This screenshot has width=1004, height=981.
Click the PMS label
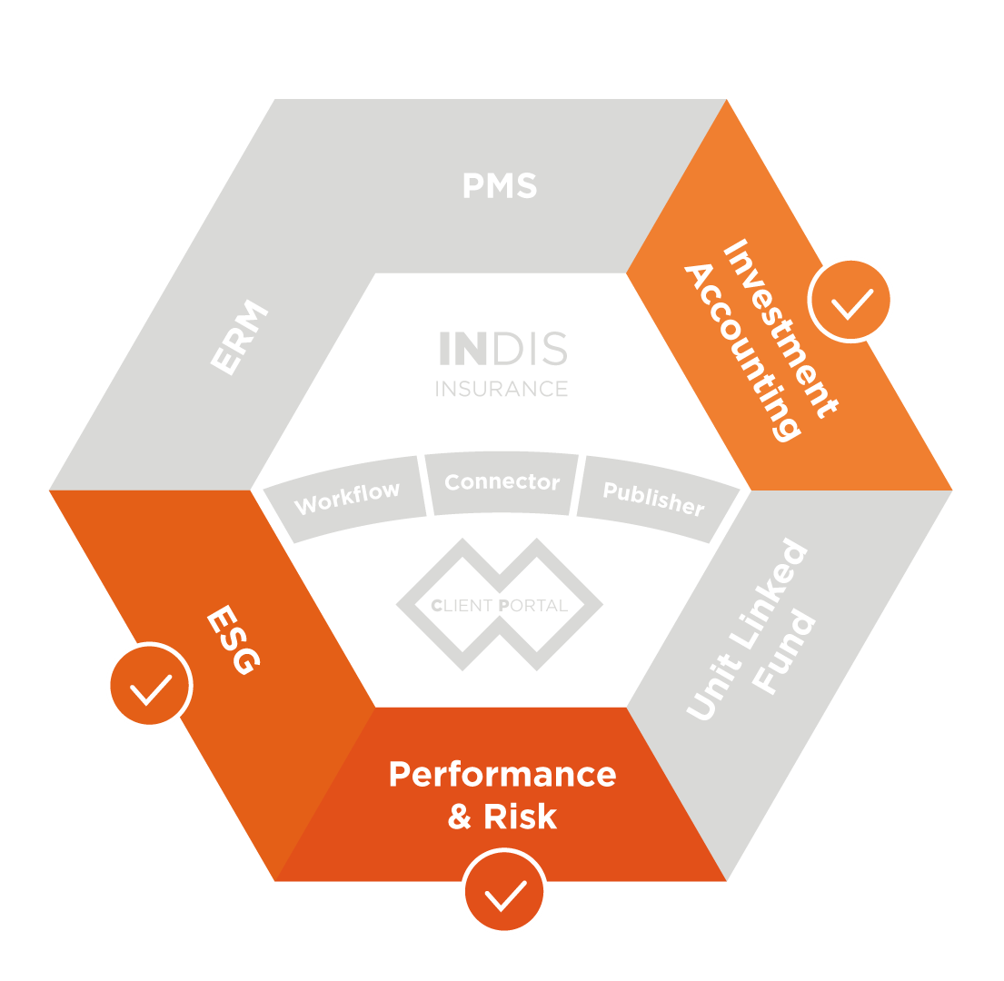point(500,186)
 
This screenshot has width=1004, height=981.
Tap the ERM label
point(241,339)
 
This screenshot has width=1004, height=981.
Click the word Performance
point(502,775)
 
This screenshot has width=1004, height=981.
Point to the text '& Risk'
point(502,817)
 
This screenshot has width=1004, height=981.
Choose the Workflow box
point(347,499)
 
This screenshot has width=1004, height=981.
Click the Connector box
point(502,482)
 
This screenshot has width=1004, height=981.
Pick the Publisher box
point(653,499)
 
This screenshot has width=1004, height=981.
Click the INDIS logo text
point(503,350)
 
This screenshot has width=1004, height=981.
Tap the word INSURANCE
point(502,389)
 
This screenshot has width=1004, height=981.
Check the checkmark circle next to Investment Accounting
point(851,300)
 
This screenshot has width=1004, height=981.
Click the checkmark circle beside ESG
point(150,686)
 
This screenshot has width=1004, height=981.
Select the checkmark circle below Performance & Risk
point(504,892)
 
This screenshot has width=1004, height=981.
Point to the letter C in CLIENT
point(437,606)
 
